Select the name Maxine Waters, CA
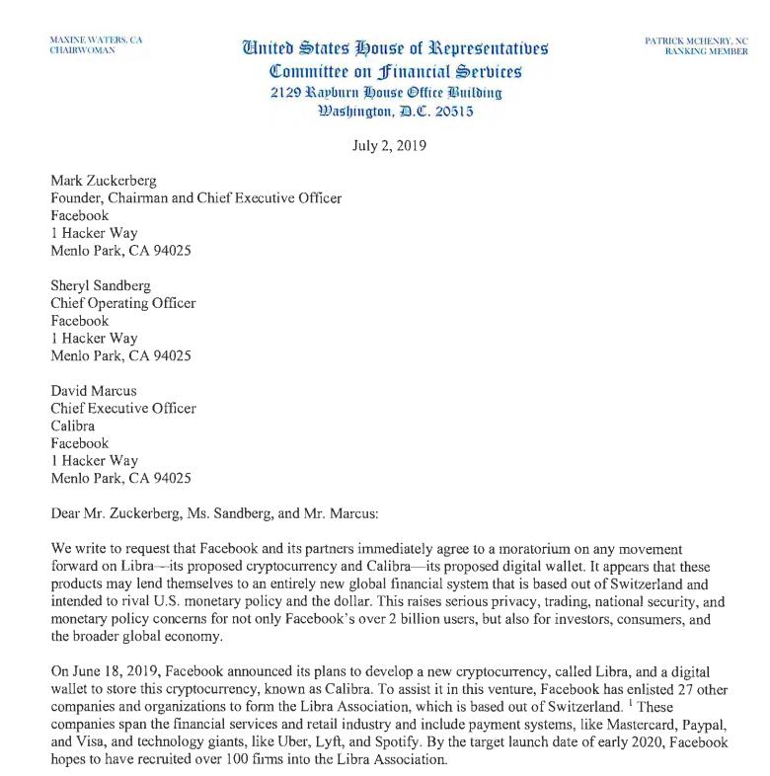[x=96, y=39]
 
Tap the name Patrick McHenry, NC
[x=696, y=40]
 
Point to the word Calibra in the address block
[x=75, y=426]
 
